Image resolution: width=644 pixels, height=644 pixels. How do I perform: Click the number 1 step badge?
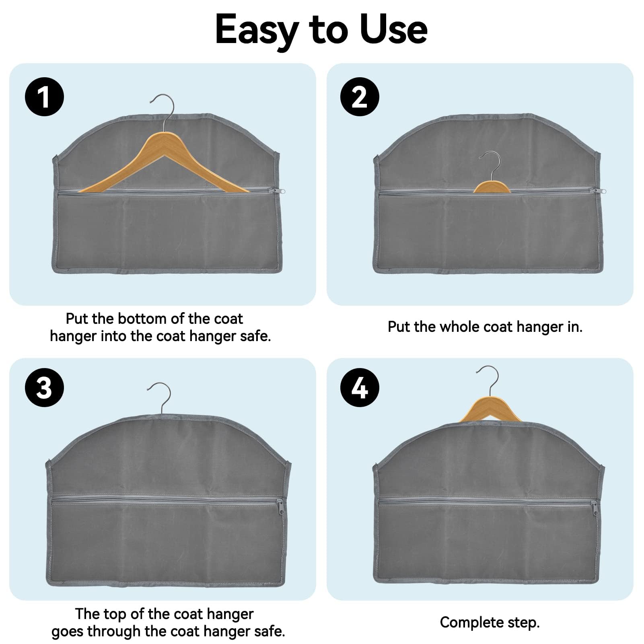[x=44, y=97]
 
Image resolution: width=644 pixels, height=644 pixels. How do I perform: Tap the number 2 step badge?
[x=360, y=97]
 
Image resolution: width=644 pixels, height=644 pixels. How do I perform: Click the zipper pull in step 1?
[x=280, y=191]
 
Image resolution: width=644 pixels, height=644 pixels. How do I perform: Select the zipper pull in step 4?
[x=595, y=509]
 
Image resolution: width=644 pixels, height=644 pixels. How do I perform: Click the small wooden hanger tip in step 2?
[x=492, y=187]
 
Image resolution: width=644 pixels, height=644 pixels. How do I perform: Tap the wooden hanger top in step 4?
[x=490, y=410]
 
